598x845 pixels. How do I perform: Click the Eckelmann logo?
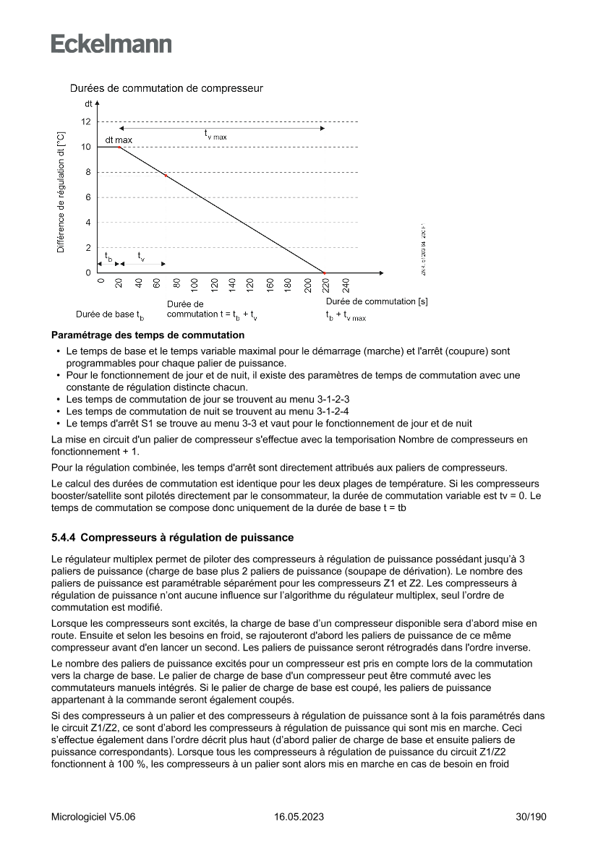click(x=111, y=44)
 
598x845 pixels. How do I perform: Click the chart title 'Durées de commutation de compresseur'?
click(x=166, y=89)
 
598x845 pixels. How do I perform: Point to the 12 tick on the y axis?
click(x=86, y=121)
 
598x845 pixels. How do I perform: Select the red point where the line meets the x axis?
click(x=325, y=273)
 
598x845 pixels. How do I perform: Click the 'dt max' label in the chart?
click(x=119, y=139)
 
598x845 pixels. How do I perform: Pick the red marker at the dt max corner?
click(x=119, y=147)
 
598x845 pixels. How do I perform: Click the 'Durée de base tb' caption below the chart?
click(x=110, y=315)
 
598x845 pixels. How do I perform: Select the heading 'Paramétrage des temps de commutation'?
click(x=148, y=335)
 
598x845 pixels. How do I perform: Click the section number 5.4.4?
click(x=64, y=538)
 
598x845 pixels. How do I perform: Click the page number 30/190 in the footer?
click(x=529, y=817)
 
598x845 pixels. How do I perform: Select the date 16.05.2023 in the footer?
click(x=299, y=817)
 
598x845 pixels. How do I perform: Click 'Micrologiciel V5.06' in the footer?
click(x=93, y=817)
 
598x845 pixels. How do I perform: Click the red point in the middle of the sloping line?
click(x=166, y=176)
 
